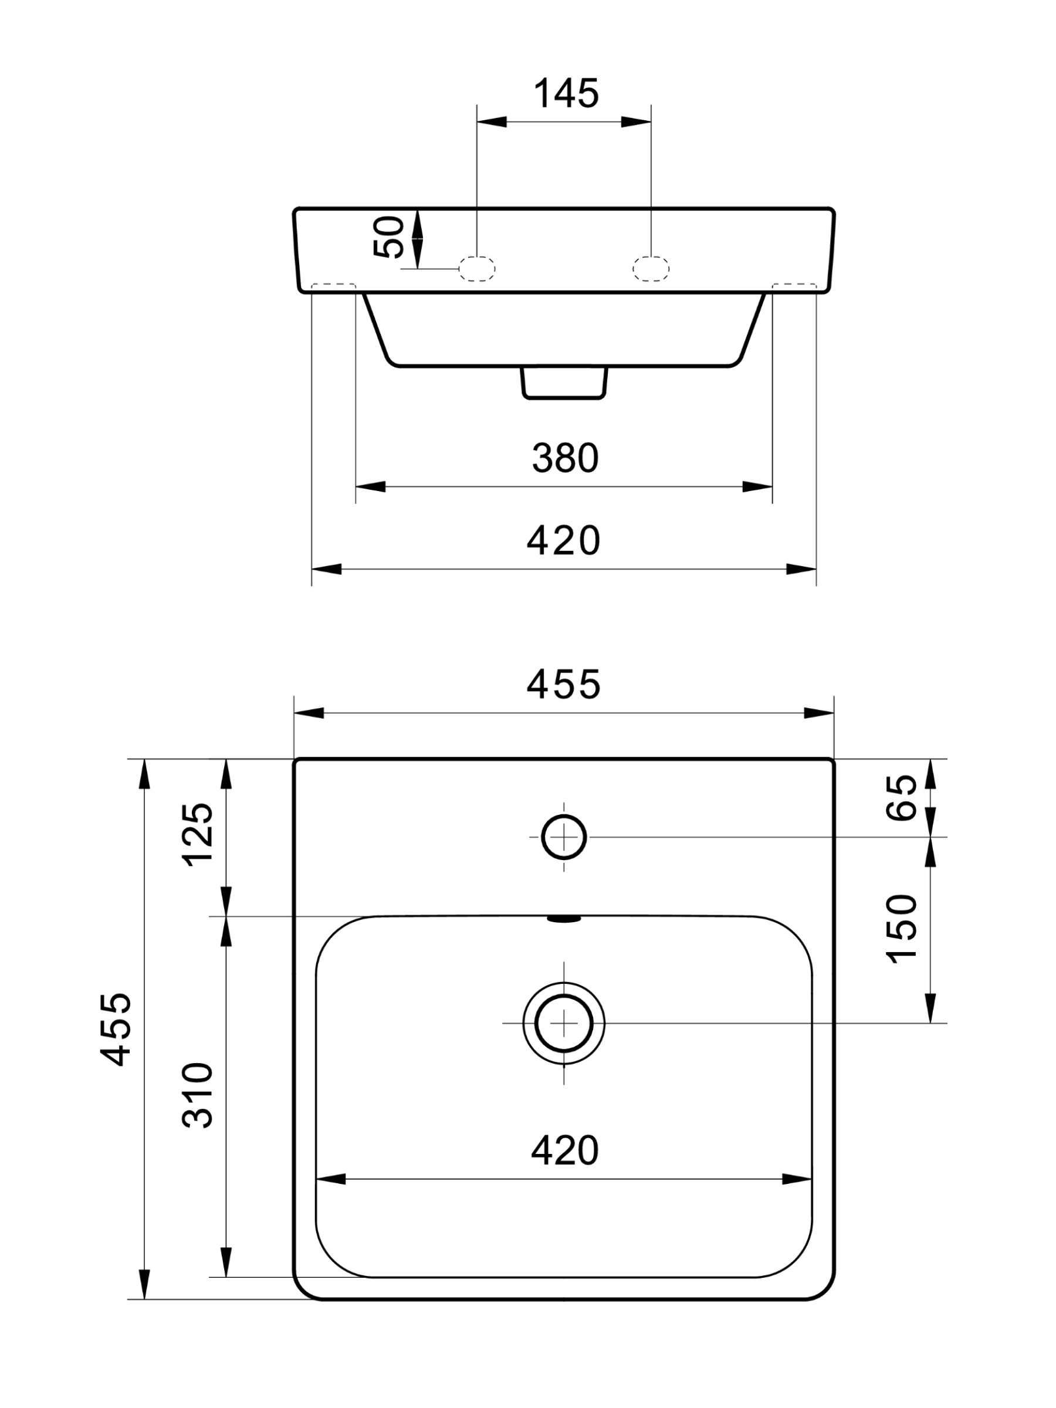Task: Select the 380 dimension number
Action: [565, 458]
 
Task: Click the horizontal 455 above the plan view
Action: [563, 684]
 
